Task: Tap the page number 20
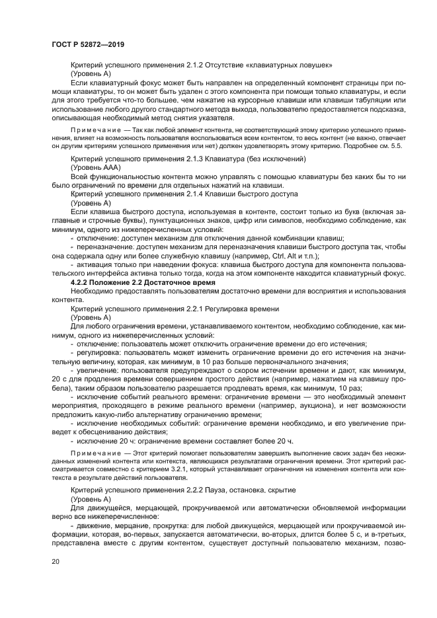55,561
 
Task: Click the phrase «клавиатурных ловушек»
291,65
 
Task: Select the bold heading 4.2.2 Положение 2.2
116,281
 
